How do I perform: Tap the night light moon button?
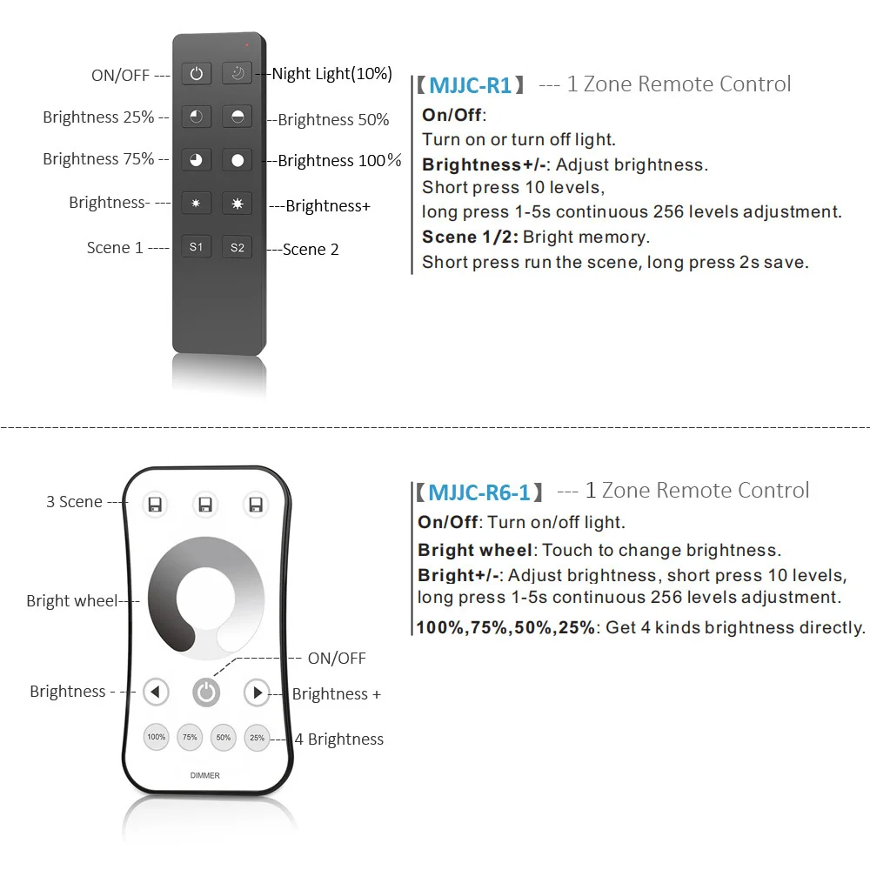pos(237,74)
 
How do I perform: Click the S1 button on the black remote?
pos(197,247)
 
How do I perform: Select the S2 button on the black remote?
pos(237,247)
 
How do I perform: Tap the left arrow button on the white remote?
pos(156,693)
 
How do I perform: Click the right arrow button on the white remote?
pos(257,693)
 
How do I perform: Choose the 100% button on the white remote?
pos(157,737)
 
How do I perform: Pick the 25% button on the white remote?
pos(257,737)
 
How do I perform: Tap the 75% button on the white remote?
pos(190,737)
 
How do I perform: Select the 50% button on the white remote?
pos(224,737)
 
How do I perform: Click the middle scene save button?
pos(205,505)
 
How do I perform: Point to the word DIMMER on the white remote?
pos(205,775)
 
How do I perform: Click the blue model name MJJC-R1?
pos(470,84)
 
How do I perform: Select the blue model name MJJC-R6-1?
pos(478,492)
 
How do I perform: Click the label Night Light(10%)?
pos(331,74)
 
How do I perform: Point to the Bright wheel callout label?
pos(71,600)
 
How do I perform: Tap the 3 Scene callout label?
pos(74,502)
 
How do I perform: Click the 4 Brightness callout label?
pos(339,739)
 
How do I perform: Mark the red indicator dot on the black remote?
pos(247,43)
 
